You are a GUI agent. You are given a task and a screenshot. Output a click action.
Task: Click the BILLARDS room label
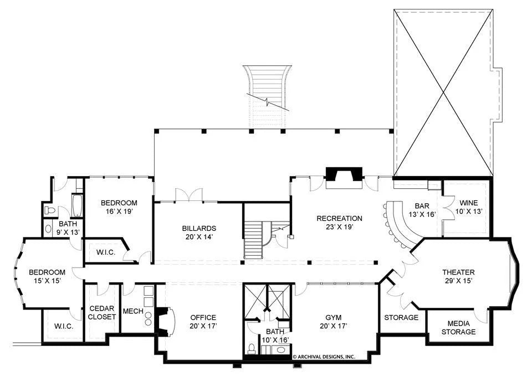[199, 233]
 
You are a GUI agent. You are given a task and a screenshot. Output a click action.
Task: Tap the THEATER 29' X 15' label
[458, 276]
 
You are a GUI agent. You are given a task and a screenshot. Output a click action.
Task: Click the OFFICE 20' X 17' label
[203, 322]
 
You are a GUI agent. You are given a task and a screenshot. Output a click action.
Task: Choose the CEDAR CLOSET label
[102, 313]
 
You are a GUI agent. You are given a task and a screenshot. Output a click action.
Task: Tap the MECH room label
[133, 311]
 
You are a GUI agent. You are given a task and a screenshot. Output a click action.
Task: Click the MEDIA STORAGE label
[458, 328]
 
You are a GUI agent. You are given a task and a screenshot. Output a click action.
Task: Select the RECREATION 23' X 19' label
[339, 223]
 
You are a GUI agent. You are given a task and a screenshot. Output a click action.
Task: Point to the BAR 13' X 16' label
[422, 210]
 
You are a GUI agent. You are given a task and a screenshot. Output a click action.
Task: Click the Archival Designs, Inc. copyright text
[324, 357]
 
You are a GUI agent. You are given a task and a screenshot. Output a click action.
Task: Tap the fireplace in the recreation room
[344, 177]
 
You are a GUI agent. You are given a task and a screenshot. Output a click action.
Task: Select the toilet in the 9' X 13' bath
[49, 210]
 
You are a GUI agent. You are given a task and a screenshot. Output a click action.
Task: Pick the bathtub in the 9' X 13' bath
[76, 205]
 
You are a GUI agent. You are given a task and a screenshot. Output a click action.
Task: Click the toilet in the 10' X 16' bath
[252, 348]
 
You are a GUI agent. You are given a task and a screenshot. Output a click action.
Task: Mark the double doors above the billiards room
[188, 195]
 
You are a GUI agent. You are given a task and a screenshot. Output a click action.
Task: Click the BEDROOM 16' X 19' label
[119, 207]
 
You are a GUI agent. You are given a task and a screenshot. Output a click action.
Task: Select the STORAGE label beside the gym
[401, 318]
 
